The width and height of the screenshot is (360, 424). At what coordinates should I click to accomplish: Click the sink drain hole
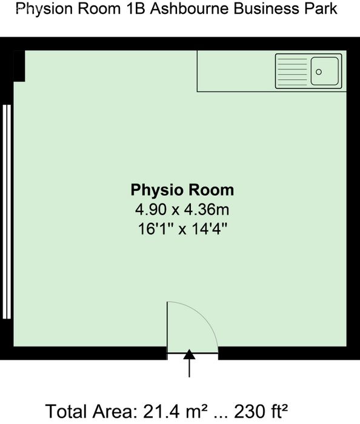pyautogui.click(x=319, y=72)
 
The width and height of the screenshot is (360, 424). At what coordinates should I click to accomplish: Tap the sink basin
pyautogui.click(x=325, y=71)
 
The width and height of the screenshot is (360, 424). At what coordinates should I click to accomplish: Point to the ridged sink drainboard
pyautogui.click(x=293, y=71)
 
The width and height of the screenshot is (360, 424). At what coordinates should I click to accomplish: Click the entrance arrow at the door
pyautogui.click(x=189, y=363)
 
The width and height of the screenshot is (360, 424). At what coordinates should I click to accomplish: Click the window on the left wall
pyautogui.click(x=7, y=212)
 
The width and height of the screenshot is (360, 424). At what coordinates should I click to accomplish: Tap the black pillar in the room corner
pyautogui.click(x=19, y=66)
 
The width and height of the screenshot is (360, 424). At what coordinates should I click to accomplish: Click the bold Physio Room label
pyautogui.click(x=182, y=190)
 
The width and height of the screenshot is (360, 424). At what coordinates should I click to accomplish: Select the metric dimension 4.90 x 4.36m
pyautogui.click(x=182, y=210)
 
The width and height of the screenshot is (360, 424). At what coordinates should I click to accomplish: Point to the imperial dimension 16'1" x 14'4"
pyautogui.click(x=182, y=229)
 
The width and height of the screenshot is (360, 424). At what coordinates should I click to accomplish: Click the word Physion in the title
pyautogui.click(x=45, y=9)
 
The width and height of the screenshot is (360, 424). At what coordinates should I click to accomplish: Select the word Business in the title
pyautogui.click(x=267, y=8)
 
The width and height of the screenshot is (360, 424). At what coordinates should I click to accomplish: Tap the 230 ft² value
pyautogui.click(x=261, y=411)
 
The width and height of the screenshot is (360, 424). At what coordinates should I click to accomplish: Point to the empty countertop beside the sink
pyautogui.click(x=236, y=71)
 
